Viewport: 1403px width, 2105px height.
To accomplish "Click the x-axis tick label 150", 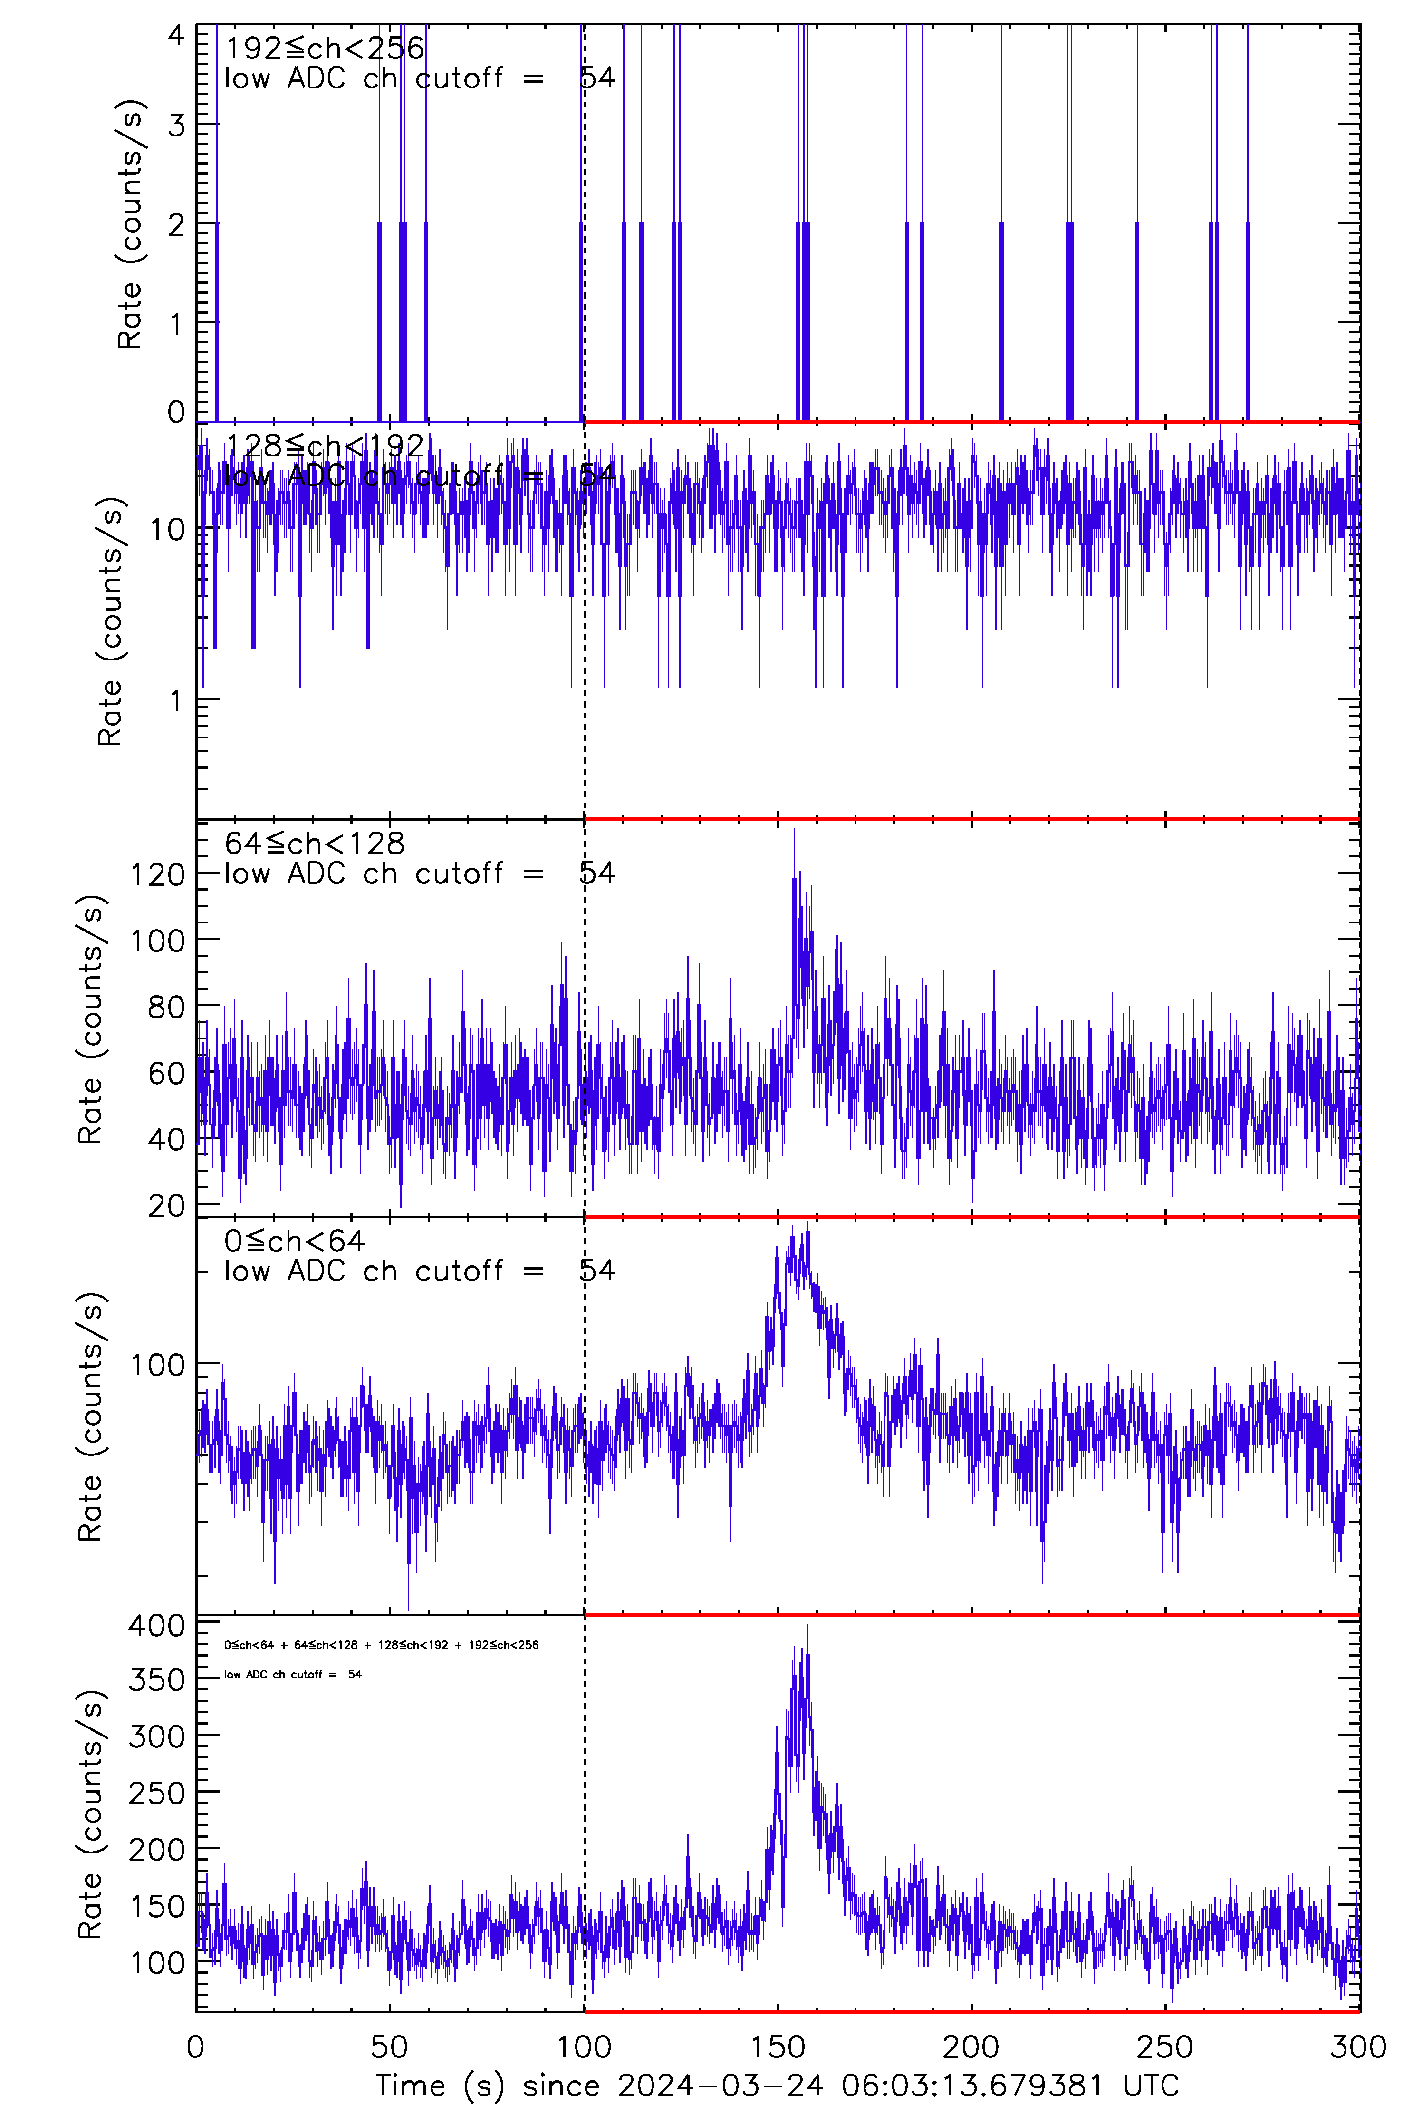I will coord(778,2046).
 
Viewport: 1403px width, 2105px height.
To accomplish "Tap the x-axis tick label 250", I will coord(1165,2046).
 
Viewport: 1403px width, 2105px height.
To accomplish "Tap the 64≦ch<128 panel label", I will coord(314,843).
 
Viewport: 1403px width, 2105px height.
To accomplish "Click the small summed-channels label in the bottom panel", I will coord(381,1644).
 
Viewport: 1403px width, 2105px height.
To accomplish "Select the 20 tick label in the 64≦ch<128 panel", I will coord(166,1205).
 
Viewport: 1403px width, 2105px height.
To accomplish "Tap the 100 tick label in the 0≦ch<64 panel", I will coord(157,1365).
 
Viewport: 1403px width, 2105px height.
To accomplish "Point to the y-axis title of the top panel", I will coord(130,224).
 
